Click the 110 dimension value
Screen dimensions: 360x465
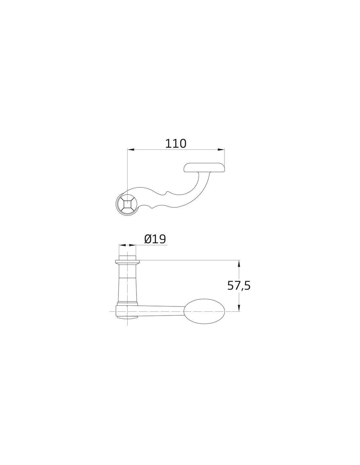tap(176, 144)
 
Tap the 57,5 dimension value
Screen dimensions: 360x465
tap(239, 285)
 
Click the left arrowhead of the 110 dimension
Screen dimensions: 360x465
tap(131, 149)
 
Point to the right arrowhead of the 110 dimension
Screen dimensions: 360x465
tap(221, 149)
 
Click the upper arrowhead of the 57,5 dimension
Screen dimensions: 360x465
tap(239, 264)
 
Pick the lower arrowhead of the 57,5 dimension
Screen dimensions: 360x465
tap(239, 308)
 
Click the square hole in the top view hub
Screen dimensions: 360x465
tap(127, 204)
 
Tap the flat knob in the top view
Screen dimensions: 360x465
tap(204, 168)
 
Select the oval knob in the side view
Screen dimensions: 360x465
tap(204, 311)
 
